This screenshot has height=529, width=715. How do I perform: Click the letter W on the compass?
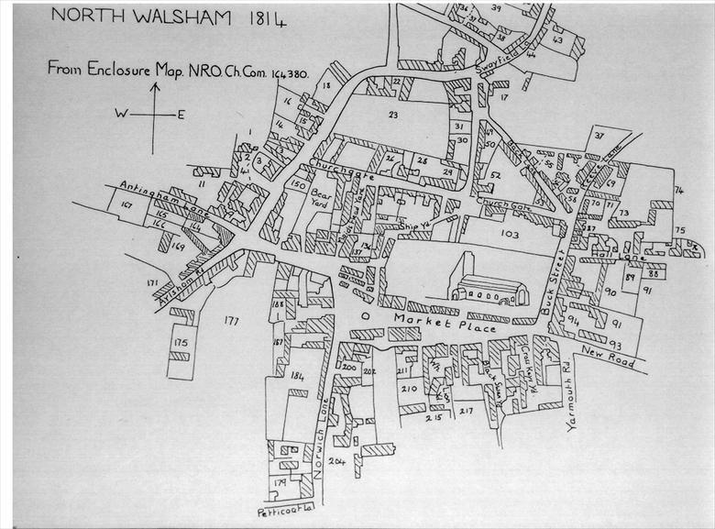click(x=120, y=114)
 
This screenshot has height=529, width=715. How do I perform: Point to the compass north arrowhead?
click(x=155, y=88)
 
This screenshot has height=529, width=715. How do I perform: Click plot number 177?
click(x=230, y=321)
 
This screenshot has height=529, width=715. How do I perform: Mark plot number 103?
click(x=510, y=236)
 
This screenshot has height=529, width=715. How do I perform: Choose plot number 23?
click(x=393, y=115)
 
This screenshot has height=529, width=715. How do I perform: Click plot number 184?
click(x=296, y=376)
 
